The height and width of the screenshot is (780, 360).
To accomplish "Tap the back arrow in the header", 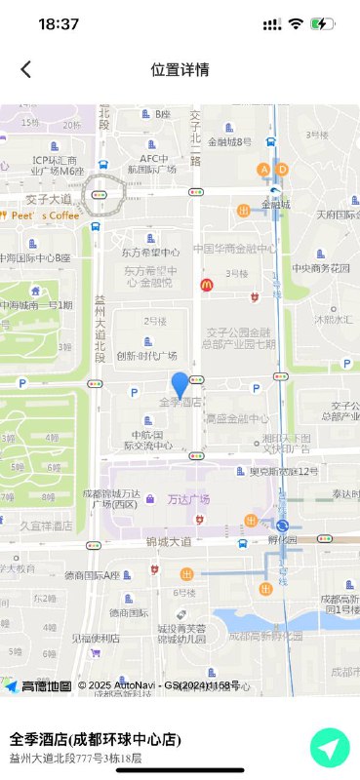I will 26,68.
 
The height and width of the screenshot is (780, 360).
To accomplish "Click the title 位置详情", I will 180,69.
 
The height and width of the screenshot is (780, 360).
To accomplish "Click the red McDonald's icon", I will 206,286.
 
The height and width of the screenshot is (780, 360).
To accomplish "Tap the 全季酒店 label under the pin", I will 180,402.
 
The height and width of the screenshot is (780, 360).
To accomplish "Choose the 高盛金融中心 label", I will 236,418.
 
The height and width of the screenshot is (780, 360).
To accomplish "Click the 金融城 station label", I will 276,205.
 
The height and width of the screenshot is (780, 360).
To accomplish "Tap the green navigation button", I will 330,748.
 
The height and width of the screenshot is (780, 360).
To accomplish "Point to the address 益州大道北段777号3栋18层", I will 75,758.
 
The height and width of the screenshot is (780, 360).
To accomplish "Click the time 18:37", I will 59,22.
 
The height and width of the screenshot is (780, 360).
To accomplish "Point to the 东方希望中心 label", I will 150,252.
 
